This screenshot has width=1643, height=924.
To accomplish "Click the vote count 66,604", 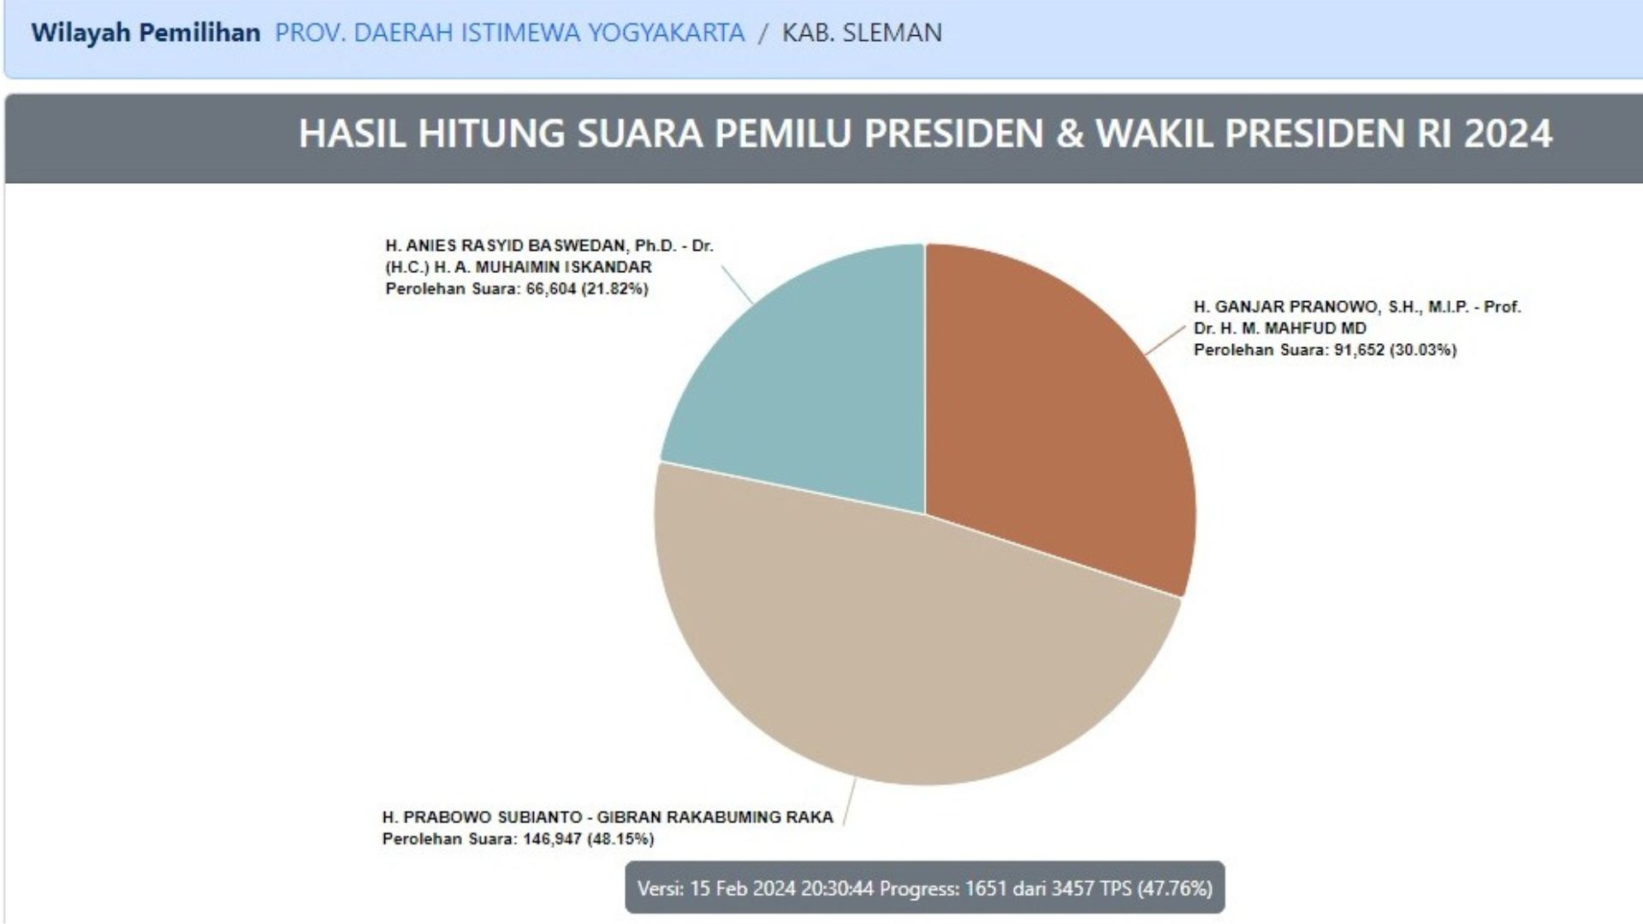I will tap(550, 289).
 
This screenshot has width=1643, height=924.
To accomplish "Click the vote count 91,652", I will tap(1359, 350).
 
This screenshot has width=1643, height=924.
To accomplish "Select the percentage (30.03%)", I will tap(1423, 350).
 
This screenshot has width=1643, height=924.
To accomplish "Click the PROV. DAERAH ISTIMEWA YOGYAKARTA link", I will tap(509, 33).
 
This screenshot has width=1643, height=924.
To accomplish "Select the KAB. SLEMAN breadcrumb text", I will tap(862, 33).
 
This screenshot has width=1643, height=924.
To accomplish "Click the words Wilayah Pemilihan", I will tap(145, 33).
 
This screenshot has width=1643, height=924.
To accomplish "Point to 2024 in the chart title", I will tap(1508, 133).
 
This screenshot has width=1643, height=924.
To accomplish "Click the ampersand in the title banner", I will tap(1070, 133).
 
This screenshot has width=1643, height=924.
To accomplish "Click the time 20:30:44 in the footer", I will tap(837, 889).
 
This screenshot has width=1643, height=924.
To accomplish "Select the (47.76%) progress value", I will tap(1175, 889).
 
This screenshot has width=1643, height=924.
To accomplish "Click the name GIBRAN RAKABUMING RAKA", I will tap(715, 817).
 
